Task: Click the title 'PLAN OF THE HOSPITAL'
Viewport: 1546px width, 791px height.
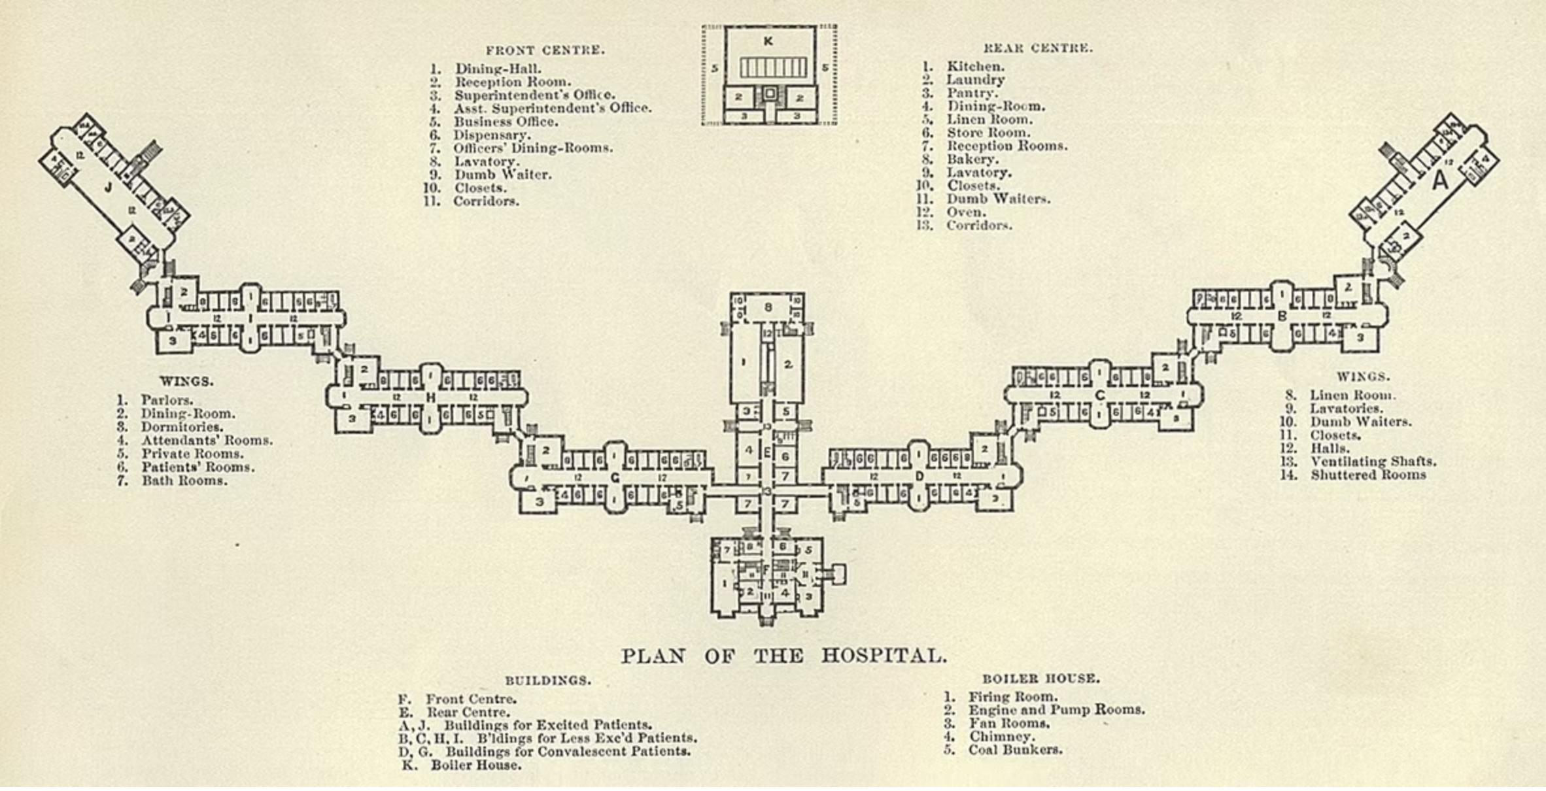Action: [x=783, y=656]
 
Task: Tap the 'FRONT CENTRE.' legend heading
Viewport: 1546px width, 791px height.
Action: [x=545, y=50]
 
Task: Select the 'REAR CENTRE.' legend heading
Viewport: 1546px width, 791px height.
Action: [x=1038, y=48]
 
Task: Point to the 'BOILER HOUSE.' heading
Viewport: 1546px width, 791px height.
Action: [x=1040, y=679]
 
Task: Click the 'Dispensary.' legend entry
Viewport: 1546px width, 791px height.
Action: [x=492, y=135]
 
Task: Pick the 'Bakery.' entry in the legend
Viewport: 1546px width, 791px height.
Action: [x=972, y=160]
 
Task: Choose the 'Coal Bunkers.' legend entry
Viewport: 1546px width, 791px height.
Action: [x=1015, y=750]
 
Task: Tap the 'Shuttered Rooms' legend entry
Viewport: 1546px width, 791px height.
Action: [x=1367, y=475]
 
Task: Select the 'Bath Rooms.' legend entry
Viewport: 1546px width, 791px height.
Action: [x=184, y=481]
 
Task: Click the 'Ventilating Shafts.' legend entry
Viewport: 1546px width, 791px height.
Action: [x=1373, y=462]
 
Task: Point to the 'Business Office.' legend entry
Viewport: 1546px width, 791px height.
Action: [x=506, y=122]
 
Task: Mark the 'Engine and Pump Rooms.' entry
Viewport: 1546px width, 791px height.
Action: [x=1056, y=710]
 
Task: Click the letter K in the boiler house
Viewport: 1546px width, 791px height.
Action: [x=768, y=41]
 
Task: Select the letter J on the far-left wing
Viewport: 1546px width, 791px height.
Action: [x=109, y=188]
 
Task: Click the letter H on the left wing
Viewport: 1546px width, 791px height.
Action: [x=430, y=397]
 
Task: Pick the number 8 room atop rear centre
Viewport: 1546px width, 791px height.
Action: [x=768, y=307]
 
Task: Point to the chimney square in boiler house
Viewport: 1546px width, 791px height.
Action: [x=770, y=94]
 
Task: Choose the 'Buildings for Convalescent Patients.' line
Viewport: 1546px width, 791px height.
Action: [x=568, y=751]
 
